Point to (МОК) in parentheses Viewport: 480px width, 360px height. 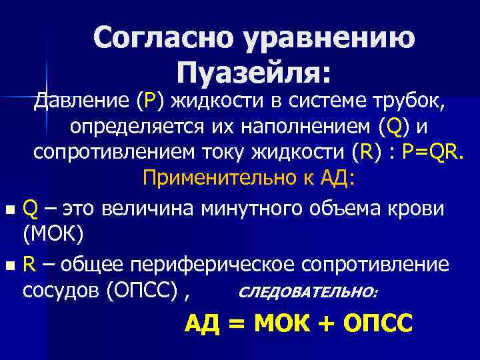[x=51, y=233]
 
